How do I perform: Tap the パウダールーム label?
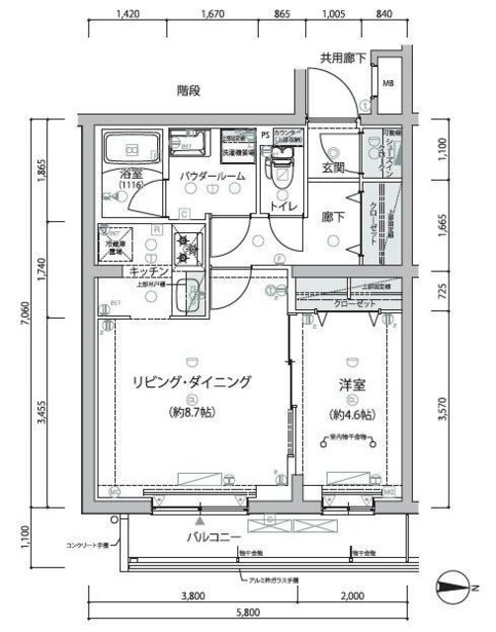point(212,176)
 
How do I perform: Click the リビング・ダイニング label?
point(192,381)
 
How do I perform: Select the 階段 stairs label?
point(190,91)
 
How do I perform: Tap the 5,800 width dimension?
point(248,613)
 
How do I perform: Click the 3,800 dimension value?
point(193,595)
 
